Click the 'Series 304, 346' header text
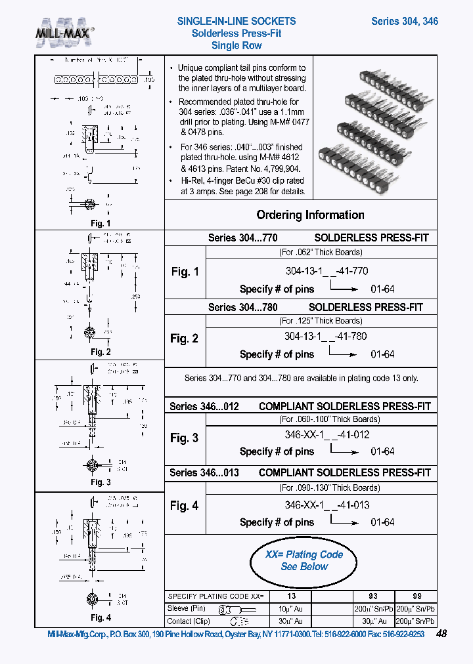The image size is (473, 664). (x=404, y=21)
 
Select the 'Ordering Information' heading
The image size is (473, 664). (x=310, y=215)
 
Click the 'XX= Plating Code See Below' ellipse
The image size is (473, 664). (x=304, y=560)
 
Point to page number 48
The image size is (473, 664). (x=441, y=634)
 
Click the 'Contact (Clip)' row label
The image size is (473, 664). (x=189, y=621)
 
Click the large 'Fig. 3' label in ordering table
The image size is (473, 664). (x=185, y=438)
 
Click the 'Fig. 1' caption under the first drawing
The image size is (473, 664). (x=100, y=223)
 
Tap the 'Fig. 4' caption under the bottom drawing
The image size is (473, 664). (x=100, y=617)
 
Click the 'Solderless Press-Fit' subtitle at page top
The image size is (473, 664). (x=236, y=33)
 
